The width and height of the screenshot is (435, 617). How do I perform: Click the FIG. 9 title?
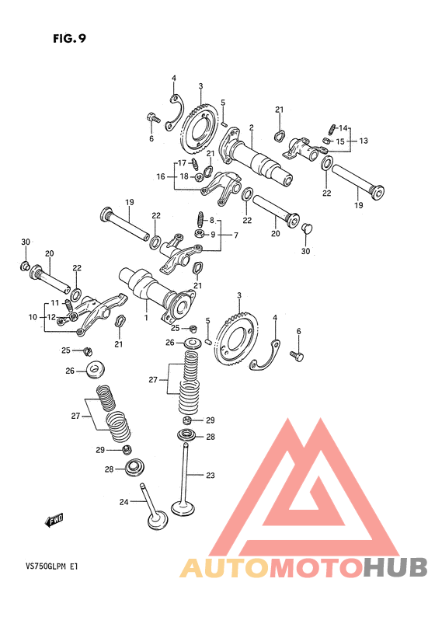(69, 39)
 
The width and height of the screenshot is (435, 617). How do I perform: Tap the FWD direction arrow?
(54, 521)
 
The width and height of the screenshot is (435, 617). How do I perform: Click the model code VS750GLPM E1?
(51, 567)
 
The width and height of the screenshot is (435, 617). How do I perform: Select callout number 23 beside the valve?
(211, 476)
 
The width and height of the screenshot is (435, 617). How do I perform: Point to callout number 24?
(124, 502)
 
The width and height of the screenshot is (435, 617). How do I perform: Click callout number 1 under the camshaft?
(146, 317)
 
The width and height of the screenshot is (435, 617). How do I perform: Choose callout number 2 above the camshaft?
(252, 127)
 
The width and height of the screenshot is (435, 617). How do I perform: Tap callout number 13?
(364, 141)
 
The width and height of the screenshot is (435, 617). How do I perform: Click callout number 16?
(161, 176)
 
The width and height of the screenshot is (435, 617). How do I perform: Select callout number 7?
(235, 235)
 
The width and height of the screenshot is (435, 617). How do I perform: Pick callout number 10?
(33, 317)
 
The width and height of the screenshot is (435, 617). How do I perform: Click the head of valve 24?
(158, 520)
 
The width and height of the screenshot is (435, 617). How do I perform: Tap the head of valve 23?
(183, 507)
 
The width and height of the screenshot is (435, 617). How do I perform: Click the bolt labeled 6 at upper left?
(153, 117)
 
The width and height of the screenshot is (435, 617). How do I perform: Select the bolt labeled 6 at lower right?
(297, 356)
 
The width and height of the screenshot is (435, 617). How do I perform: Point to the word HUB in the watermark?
(395, 568)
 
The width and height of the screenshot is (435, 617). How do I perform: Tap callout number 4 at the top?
(173, 78)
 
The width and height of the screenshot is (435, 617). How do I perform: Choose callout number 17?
(182, 163)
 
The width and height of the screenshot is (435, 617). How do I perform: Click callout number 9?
(213, 235)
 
